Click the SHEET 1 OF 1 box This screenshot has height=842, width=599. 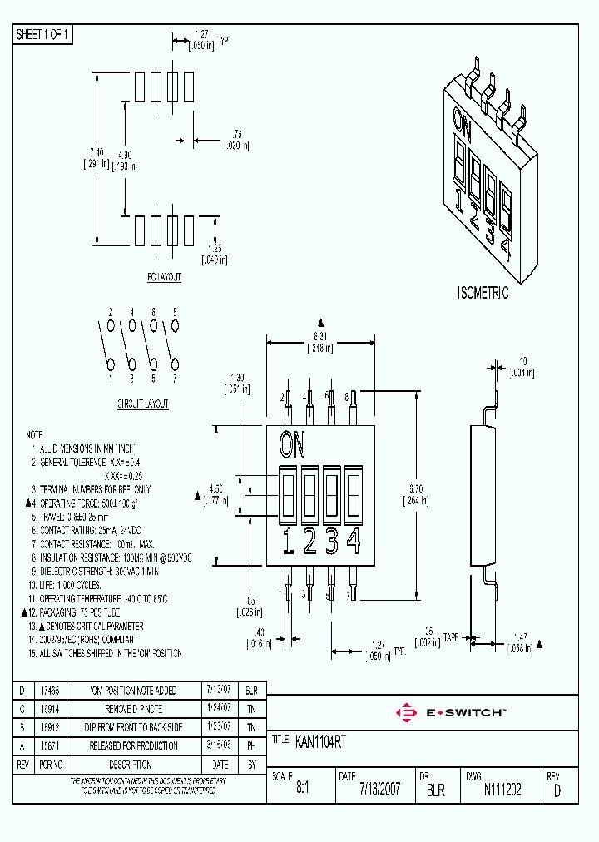pos(44,34)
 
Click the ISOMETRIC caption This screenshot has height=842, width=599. pos(483,294)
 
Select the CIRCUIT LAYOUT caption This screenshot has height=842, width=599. pos(142,404)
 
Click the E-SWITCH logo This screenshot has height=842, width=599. pos(453,713)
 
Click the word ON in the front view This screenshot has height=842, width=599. pos(292,445)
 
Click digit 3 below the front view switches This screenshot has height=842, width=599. pos(331,542)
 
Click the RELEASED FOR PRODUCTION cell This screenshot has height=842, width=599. pos(133,745)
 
